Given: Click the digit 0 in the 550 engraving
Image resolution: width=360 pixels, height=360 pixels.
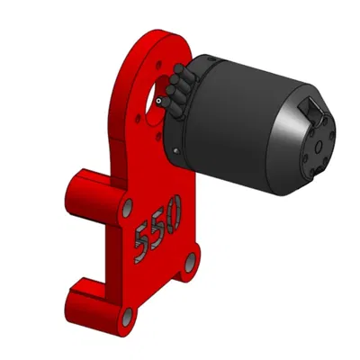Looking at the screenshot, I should [171, 213].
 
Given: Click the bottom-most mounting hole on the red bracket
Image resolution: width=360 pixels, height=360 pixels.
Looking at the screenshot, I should [128, 315].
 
